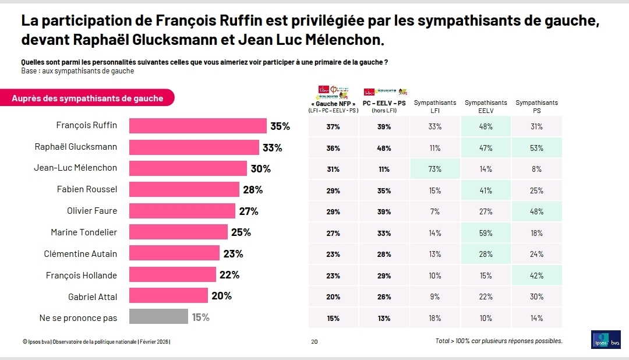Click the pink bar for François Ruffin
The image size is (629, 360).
pyautogui.click(x=197, y=126)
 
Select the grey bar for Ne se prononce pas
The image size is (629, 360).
pyautogui.click(x=158, y=317)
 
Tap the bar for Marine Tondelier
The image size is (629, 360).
pyautogui.click(x=178, y=232)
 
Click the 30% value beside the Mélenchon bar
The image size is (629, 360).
pyautogui.click(x=260, y=168)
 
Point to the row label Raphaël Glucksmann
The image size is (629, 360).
pyautogui.click(x=76, y=147)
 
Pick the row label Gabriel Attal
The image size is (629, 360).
pyautogui.click(x=93, y=297)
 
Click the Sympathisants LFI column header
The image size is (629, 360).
pyautogui.click(x=435, y=106)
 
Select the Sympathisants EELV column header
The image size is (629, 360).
pyautogui.click(x=486, y=106)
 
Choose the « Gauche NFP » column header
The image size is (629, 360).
pyautogui.click(x=333, y=104)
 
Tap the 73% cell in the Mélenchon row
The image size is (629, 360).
pyautogui.click(x=435, y=169)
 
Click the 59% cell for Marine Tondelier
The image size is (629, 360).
pyautogui.click(x=486, y=233)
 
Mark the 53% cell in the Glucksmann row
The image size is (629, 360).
pyautogui.click(x=536, y=148)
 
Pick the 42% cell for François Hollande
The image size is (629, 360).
pyautogui.click(x=536, y=276)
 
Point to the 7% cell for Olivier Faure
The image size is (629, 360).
pyautogui.click(x=435, y=211)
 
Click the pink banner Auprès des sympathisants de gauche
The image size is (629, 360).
pyautogui.click(x=87, y=98)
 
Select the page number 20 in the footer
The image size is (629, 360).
pyautogui.click(x=314, y=341)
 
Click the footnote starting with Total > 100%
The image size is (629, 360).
pyautogui.click(x=499, y=341)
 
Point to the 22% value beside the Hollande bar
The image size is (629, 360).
pyautogui.click(x=229, y=275)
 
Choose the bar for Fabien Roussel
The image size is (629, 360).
pyautogui.click(x=184, y=189)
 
